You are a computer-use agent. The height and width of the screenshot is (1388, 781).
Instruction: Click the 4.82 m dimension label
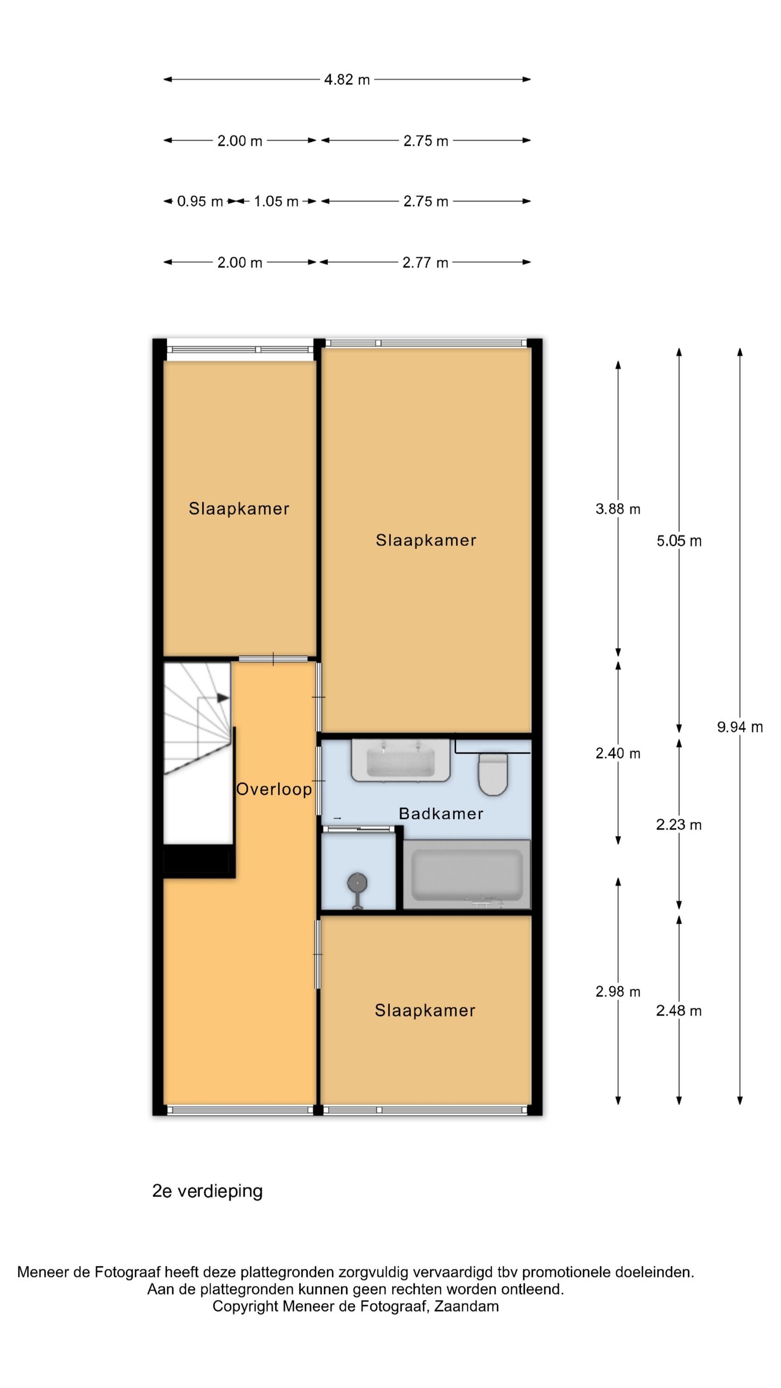pyautogui.click(x=347, y=80)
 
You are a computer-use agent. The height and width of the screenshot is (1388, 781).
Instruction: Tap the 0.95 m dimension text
pyautogui.click(x=200, y=202)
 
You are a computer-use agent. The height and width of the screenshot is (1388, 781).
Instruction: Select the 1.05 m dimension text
pyautogui.click(x=276, y=202)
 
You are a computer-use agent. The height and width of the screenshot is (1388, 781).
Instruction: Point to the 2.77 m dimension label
pyautogui.click(x=425, y=262)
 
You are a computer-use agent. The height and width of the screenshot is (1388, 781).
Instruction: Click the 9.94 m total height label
pyautogui.click(x=739, y=727)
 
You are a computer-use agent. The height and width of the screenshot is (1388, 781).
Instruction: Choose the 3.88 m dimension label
pyautogui.click(x=618, y=509)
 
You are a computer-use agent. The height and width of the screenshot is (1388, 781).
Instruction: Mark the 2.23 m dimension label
pyautogui.click(x=679, y=824)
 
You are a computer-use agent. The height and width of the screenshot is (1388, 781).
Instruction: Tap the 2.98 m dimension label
pyautogui.click(x=618, y=991)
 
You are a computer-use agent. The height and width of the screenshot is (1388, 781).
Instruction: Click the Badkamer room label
pyautogui.click(x=441, y=814)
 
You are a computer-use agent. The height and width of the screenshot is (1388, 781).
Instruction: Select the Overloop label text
pyautogui.click(x=274, y=789)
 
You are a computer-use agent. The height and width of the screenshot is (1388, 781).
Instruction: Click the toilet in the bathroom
pyautogui.click(x=493, y=775)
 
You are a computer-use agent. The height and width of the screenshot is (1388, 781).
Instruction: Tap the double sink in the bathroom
pyautogui.click(x=401, y=760)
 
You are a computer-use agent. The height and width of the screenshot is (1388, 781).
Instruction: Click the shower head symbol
pyautogui.click(x=357, y=884)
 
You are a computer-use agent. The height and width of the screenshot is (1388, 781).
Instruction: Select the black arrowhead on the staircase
pyautogui.click(x=223, y=698)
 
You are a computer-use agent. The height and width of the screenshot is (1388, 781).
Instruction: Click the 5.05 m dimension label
pyautogui.click(x=679, y=541)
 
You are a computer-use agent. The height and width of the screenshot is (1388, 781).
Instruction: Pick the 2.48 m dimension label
pyautogui.click(x=679, y=1011)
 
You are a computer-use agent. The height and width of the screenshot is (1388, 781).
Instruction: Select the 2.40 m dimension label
pyautogui.click(x=618, y=753)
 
